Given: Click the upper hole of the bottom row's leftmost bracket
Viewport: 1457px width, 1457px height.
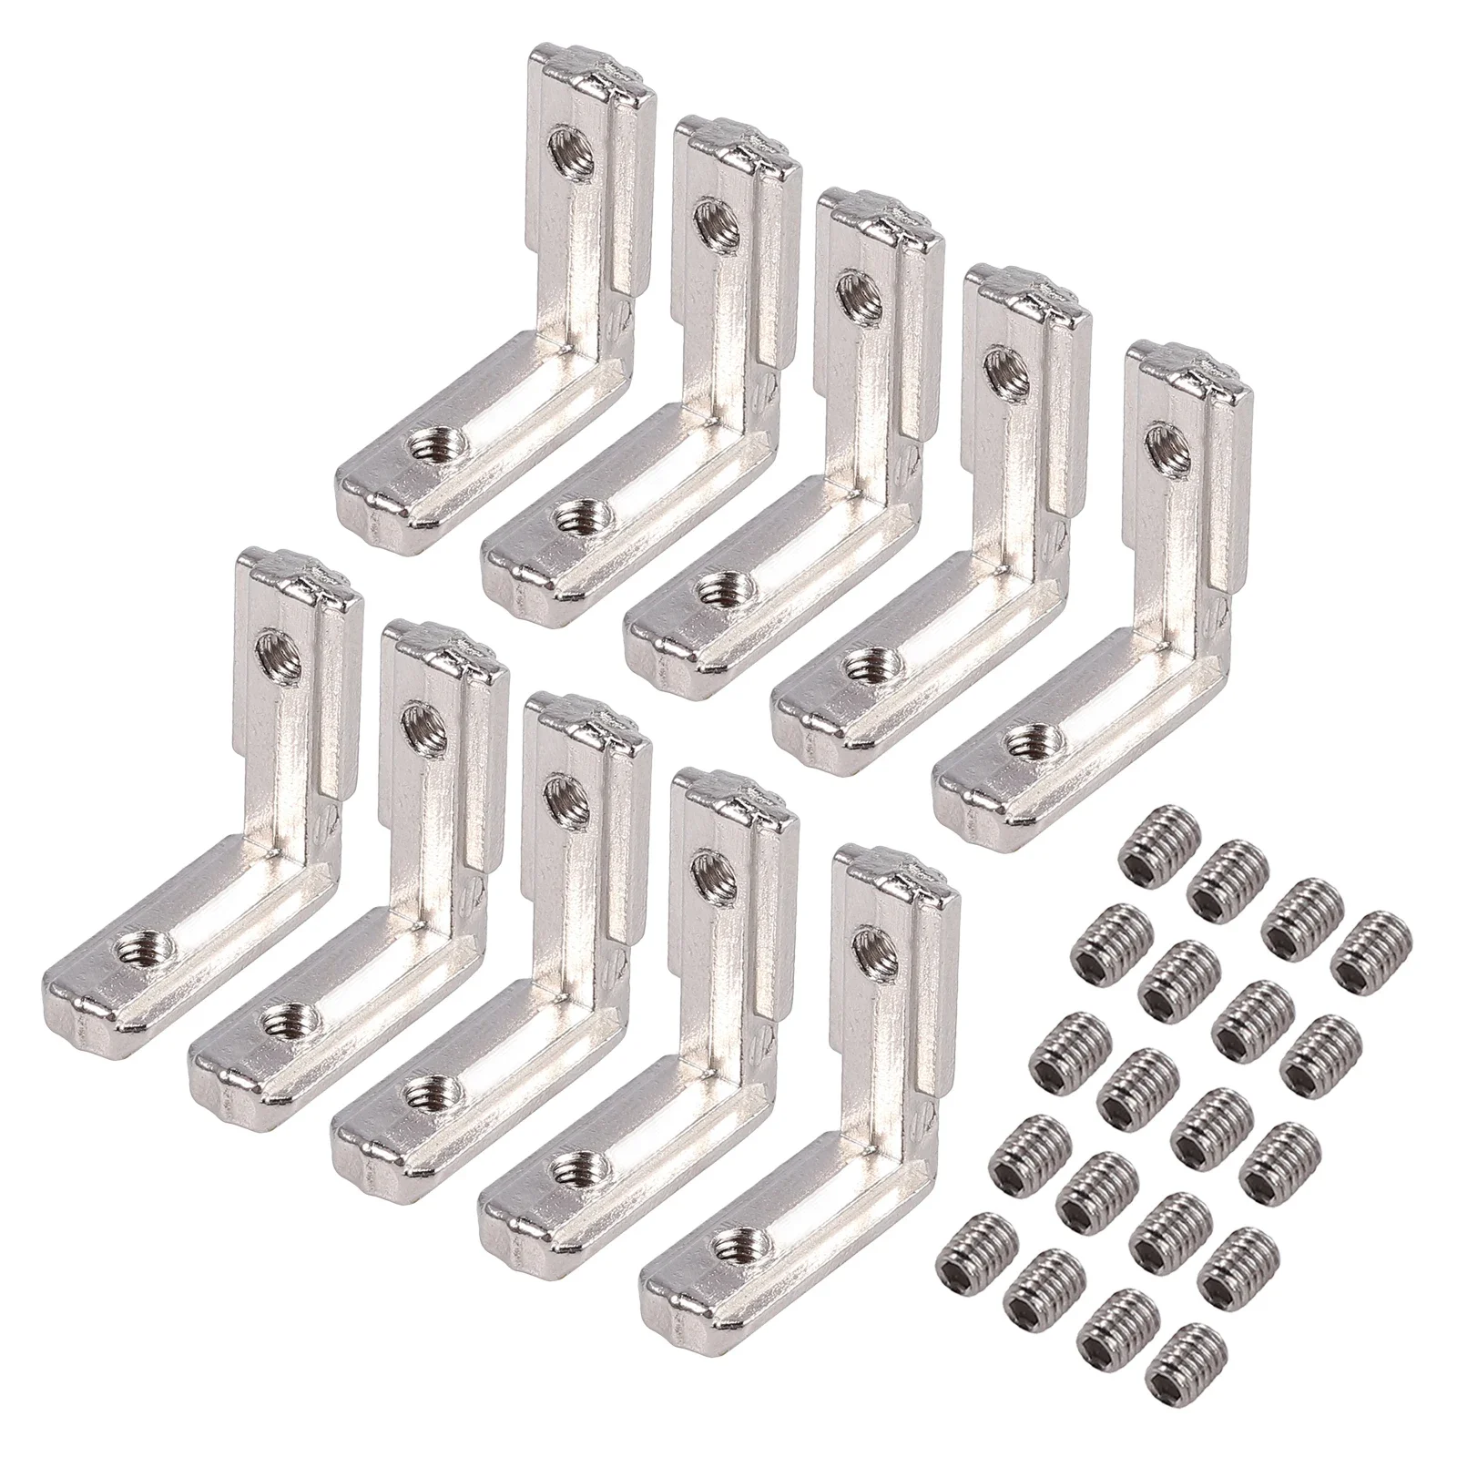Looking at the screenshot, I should click(x=273, y=648).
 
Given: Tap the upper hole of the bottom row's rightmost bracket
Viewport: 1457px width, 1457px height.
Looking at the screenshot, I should click(x=869, y=949).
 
